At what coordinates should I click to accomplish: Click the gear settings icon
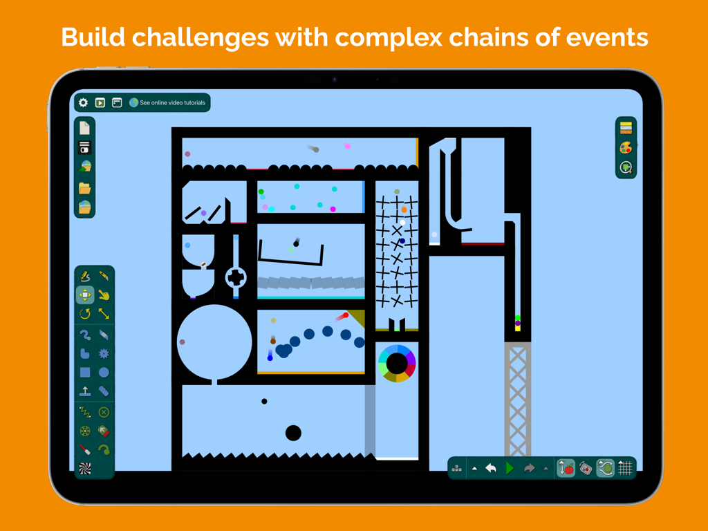pos(84,103)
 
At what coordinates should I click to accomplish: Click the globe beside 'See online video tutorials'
pos(133,103)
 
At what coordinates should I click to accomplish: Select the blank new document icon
pos(84,128)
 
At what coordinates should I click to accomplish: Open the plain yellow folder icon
pos(84,188)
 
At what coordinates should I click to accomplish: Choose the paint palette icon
pos(626,148)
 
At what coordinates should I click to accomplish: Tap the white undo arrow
pos(491,468)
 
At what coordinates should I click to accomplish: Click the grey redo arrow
pos(529,468)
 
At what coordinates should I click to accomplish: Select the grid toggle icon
pos(625,468)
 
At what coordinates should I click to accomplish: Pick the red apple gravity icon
pos(566,468)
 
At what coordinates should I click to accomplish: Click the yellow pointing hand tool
pos(104,295)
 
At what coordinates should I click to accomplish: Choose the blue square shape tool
pos(85,373)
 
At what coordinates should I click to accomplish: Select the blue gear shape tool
pos(104,353)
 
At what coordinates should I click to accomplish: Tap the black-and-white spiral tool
pos(85,469)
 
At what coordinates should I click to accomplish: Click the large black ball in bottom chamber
pos(293,433)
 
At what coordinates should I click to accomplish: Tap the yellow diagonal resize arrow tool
pos(104,314)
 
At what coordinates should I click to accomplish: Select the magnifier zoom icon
pos(626,168)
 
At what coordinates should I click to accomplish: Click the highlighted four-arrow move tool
pos(85,295)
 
